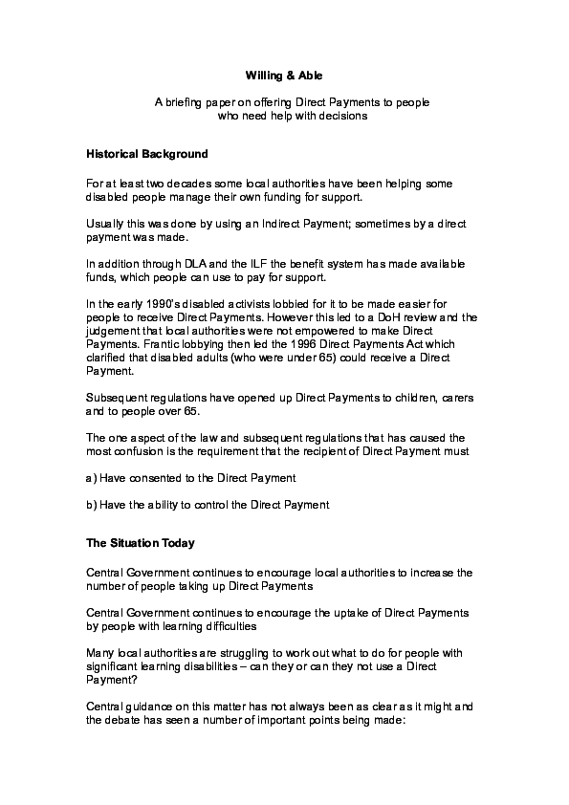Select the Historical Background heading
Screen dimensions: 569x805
[x=147, y=153]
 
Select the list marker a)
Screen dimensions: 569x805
[x=92, y=477]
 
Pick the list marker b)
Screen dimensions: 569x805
[x=92, y=504]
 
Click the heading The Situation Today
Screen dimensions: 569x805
[x=141, y=544]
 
